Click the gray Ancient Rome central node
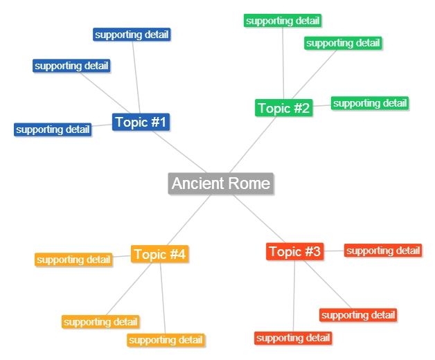pos(221,183)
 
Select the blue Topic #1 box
pos(141,123)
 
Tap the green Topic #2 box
pos(284,108)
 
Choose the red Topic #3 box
pos(295,251)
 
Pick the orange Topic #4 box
pos(159,255)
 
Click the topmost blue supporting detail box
pos(132,35)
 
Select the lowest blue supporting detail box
pos(53,129)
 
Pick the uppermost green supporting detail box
pos(283,21)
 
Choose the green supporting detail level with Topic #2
pos(370,103)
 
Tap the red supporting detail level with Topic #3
pos(383,251)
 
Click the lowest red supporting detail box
pos(293,338)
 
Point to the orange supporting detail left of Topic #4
pos(73,260)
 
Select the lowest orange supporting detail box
pos(166,340)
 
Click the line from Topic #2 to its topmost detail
pos(283,62)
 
